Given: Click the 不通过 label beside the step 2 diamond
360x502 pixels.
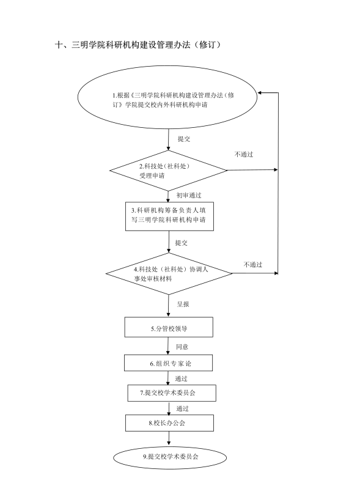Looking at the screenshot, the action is [244, 155].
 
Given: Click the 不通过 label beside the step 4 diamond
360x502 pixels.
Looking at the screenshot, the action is [253, 265].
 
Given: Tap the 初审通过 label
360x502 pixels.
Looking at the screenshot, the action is [189, 195].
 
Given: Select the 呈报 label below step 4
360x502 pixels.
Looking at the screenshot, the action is [183, 304].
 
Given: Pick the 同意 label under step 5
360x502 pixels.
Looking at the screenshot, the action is [182, 347].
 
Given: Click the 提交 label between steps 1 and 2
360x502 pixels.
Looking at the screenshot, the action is [184, 139].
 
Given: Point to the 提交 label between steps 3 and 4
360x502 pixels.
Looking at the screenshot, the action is [181, 243].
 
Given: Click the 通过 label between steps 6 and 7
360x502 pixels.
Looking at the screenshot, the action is [181, 378].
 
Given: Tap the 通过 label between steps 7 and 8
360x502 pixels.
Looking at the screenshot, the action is [182, 409].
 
